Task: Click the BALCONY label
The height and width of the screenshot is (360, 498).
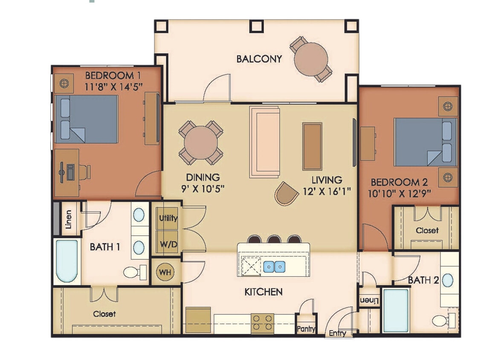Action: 259,59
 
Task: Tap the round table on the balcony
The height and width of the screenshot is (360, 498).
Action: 311,59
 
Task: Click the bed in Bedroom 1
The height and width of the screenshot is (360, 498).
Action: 87,119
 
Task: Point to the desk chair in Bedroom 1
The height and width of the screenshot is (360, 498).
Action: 84,172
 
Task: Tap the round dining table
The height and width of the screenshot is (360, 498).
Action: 200,143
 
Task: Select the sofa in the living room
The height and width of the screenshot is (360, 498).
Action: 264,142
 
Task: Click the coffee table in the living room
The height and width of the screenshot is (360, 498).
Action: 312,146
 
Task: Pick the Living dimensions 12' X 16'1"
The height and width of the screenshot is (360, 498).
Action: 326,191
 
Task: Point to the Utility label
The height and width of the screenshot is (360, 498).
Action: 168,218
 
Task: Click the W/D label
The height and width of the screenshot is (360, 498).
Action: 168,245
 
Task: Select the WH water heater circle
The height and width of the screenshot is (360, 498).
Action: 165,272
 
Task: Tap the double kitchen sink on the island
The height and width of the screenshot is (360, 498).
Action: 274,267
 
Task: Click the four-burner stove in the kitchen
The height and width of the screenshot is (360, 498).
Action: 262,323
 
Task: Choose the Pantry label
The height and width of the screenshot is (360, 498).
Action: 307,329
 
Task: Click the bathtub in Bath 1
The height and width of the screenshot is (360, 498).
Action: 67,261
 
